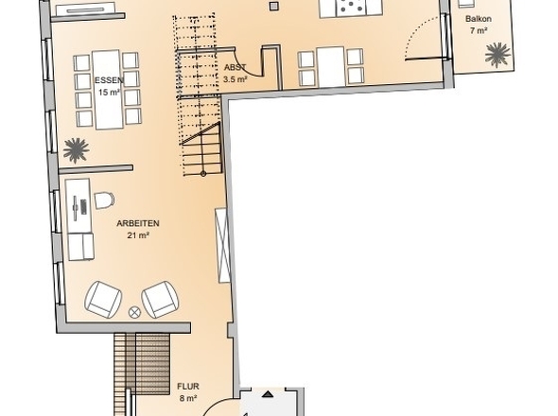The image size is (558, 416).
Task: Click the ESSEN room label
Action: pyautogui.click(x=109, y=80)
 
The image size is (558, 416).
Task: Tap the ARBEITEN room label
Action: pyautogui.click(x=138, y=223)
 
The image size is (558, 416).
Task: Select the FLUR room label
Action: pyautogui.click(x=188, y=387)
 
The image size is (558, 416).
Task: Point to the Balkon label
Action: pyautogui.click(x=479, y=19)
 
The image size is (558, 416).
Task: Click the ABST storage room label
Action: pyautogui.click(x=235, y=67)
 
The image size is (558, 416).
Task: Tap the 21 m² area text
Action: pyautogui.click(x=138, y=235)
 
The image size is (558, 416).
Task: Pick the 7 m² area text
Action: pyautogui.click(x=479, y=30)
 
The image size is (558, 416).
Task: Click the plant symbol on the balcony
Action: pyautogui.click(x=497, y=55)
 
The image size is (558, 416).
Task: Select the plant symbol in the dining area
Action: pyautogui.click(x=76, y=150)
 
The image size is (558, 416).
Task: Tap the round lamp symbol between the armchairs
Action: pyautogui.click(x=134, y=312)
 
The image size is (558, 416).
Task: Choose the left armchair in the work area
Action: pyautogui.click(x=103, y=300)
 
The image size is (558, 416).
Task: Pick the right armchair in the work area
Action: pyautogui.click(x=160, y=300)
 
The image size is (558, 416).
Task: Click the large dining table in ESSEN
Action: pyautogui.click(x=108, y=90)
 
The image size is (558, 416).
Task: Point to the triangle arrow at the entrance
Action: pyautogui.click(x=268, y=394)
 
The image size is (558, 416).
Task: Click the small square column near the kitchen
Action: pyautogui.click(x=273, y=6)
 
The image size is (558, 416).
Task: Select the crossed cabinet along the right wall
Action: pyautogui.click(x=222, y=246)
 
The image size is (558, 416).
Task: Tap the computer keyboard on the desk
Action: pyautogui.click(x=83, y=207)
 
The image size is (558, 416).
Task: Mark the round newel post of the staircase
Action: pyautogui.click(x=203, y=174)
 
